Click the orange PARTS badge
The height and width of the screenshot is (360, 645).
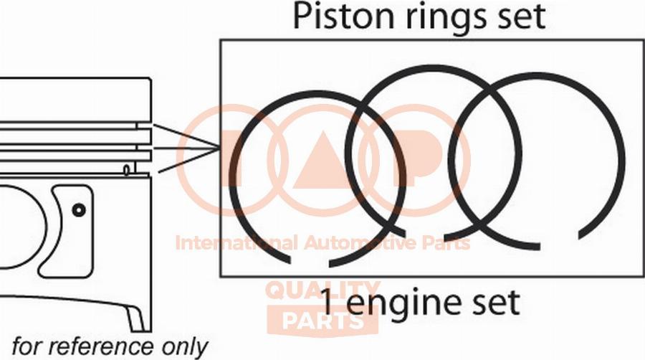tap(322, 321)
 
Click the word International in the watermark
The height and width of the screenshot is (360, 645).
tap(236, 243)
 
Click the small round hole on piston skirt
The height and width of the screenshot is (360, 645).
tap(78, 209)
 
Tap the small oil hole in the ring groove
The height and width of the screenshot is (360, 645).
tap(126, 169)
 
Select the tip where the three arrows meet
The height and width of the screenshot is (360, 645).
tap(219, 149)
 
